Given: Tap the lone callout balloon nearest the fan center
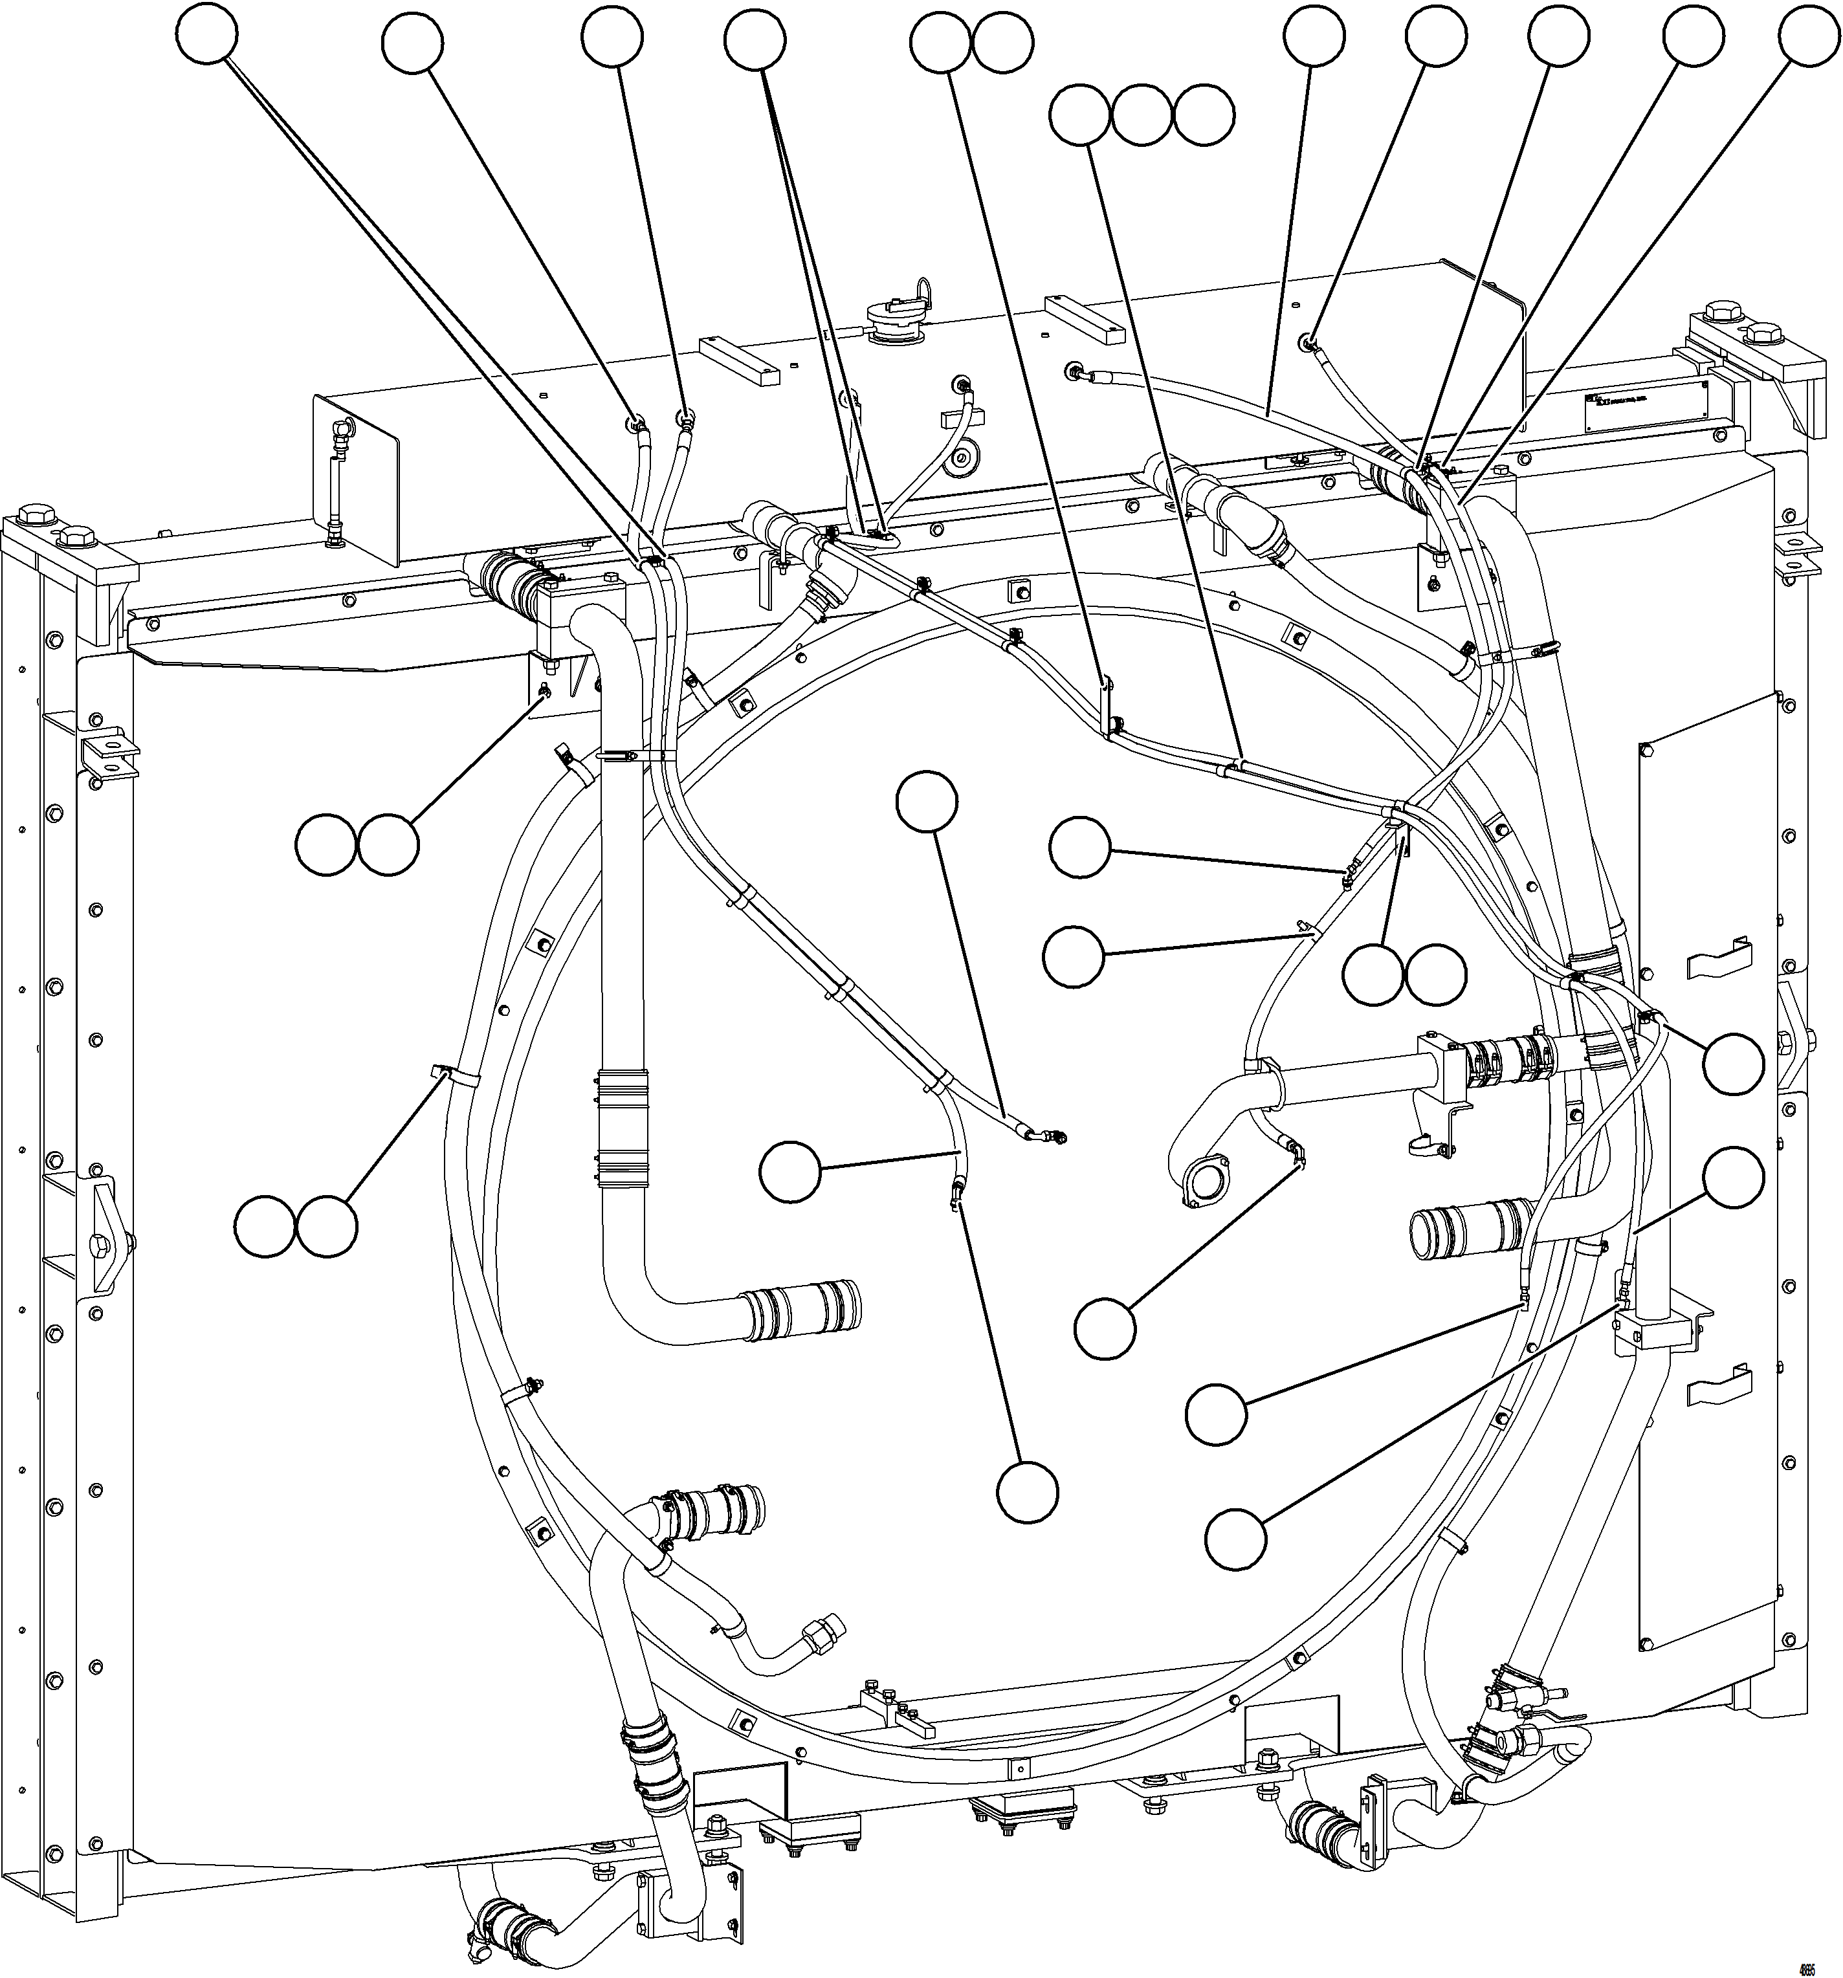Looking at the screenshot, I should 927,801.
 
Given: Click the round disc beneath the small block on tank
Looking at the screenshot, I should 962,459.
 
